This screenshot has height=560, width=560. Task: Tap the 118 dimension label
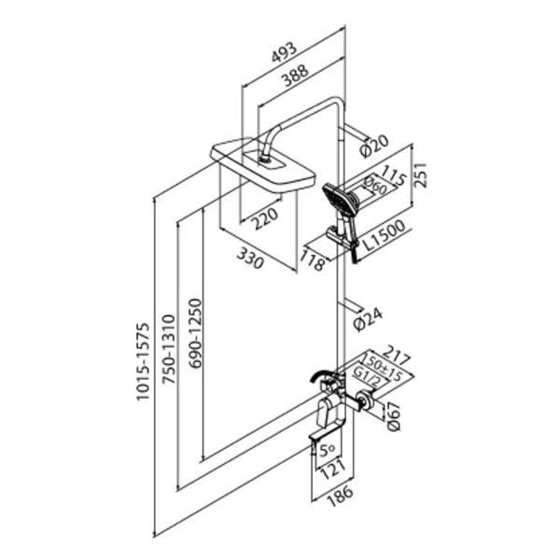315,263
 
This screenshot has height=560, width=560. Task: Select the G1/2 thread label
367,378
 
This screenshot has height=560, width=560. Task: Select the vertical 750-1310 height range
169,355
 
